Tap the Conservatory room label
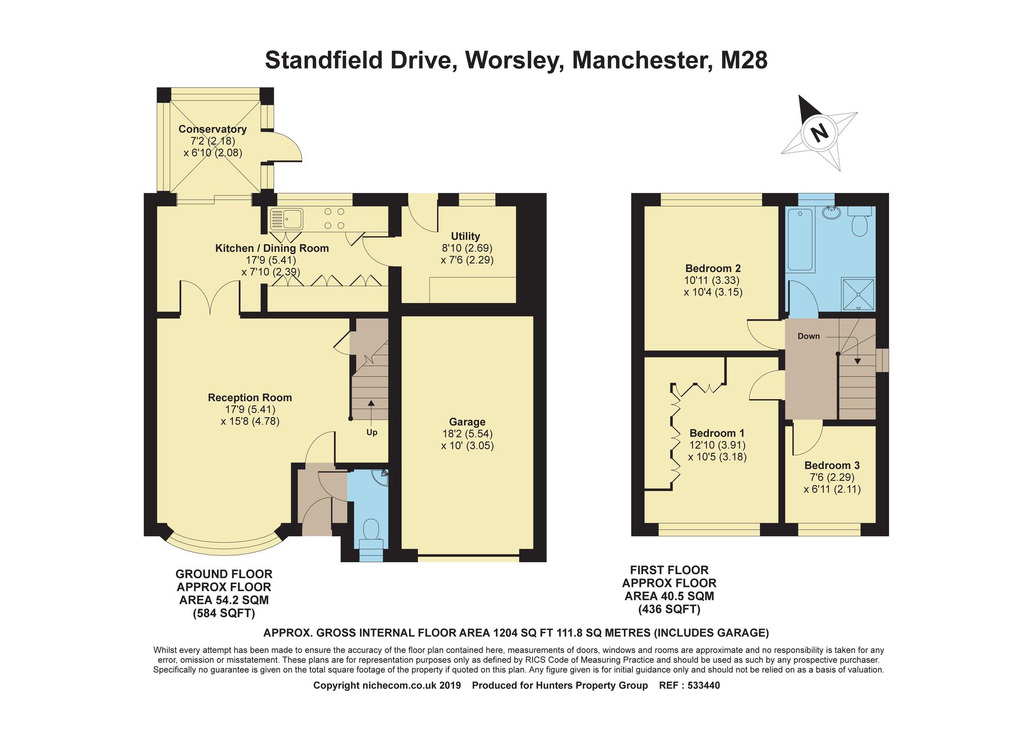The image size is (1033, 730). [212, 129]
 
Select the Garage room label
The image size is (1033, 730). [467, 422]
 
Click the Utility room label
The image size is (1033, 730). [465, 236]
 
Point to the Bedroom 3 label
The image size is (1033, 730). [832, 465]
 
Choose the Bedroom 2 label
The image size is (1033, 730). [713, 268]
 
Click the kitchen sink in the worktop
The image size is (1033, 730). [286, 218]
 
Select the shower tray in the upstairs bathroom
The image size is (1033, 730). [858, 294]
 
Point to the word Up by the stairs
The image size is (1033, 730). [371, 433]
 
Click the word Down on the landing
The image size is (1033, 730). [808, 336]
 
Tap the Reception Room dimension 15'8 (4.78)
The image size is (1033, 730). [250, 421]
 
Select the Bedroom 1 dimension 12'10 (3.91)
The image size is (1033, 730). [717, 445]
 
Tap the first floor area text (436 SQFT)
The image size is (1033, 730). [669, 609]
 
